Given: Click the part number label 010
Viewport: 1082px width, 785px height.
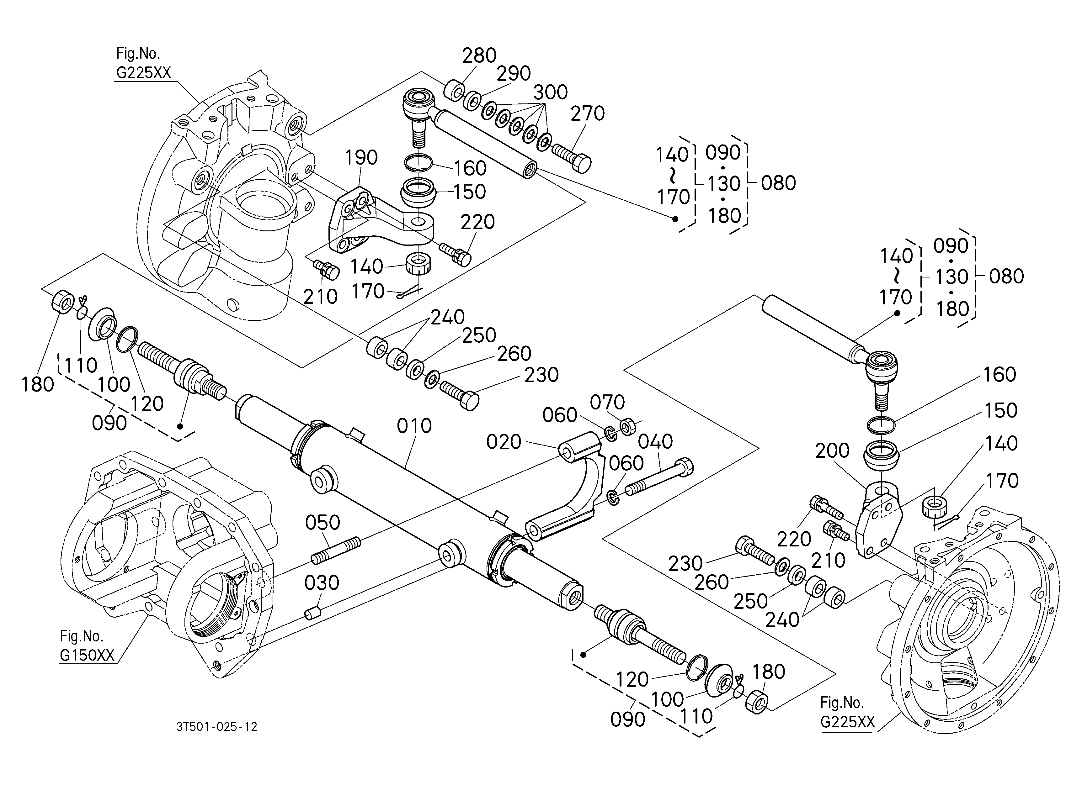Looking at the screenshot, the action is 414,426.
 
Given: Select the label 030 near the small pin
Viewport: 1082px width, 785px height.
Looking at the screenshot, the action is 322,582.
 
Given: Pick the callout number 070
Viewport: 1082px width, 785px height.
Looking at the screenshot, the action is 607,403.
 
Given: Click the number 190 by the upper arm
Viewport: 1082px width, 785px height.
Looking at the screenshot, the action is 361,157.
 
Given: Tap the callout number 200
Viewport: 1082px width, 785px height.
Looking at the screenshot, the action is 833,450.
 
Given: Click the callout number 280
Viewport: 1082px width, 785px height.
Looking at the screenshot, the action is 479,56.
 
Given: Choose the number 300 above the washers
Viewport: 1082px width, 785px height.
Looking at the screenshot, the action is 551,92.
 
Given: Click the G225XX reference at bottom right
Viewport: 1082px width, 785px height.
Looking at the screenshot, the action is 848,722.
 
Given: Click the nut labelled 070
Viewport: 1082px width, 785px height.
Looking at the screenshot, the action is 627,426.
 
